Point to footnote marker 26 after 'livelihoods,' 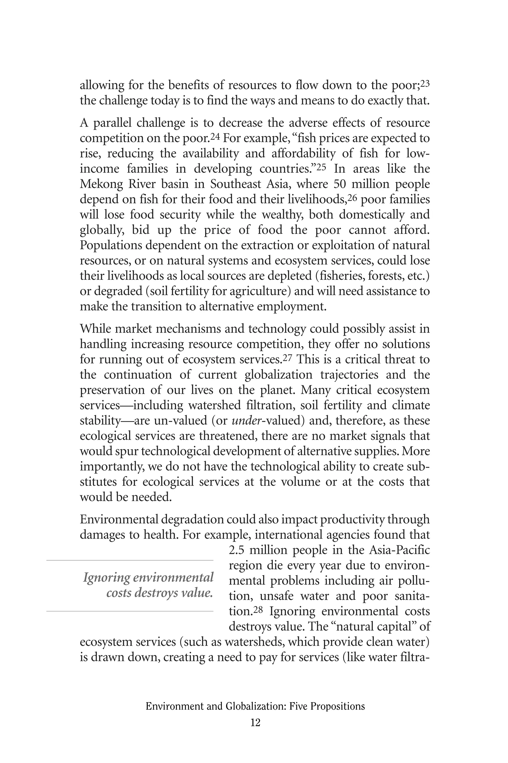353,197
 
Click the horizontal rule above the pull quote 129,560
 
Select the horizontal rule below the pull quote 129,611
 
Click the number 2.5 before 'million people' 237,550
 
